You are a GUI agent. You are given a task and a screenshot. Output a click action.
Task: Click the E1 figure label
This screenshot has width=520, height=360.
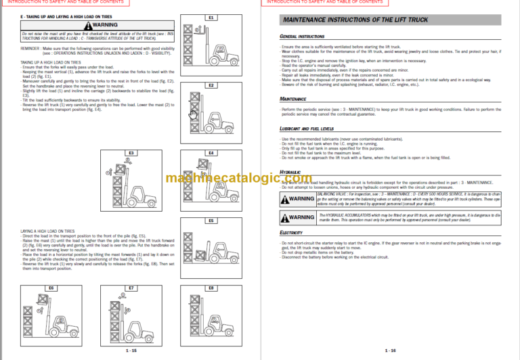pos(211,17)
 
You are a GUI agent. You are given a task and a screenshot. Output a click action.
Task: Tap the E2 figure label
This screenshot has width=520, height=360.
pos(211,85)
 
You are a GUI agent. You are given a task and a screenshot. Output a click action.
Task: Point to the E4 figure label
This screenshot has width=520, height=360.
pos(211,154)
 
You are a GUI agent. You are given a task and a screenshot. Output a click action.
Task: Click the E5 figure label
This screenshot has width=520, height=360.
pos(211,221)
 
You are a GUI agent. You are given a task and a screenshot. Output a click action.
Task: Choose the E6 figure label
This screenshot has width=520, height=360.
pos(51,288)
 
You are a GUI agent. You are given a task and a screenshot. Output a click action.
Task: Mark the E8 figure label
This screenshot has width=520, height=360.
pos(211,288)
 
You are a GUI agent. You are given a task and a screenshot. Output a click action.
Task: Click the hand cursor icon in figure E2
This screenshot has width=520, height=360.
pos(192,114)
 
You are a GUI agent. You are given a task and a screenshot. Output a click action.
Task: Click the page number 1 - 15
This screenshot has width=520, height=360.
pos(131,350)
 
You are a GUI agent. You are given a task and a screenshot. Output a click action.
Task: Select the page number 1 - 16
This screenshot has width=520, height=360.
pos(390,350)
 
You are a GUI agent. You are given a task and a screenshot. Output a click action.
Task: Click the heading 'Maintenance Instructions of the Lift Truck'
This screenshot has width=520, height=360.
pos(350,22)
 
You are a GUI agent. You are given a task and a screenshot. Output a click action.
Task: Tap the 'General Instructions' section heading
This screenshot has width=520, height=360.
pos(303,37)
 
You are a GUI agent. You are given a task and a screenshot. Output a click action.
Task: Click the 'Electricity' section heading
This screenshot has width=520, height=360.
pos(292,232)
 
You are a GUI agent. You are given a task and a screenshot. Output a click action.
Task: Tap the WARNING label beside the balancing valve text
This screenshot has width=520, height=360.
pos(297,199)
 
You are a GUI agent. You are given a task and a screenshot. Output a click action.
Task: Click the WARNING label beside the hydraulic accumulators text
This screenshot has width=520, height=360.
pos(297,217)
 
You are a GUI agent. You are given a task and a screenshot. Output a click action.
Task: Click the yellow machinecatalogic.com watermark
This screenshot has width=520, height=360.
pos(259,179)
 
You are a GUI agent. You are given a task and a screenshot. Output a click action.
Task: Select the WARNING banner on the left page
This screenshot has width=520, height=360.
pos(123,26)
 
